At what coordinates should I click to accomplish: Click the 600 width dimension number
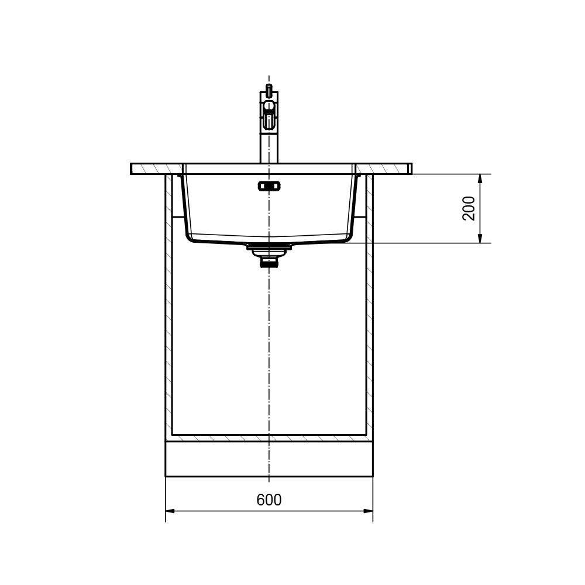coord(269,500)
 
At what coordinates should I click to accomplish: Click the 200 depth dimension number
coord(469,209)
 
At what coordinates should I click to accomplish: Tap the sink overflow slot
coord(269,186)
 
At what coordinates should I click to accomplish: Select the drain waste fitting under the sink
coord(269,255)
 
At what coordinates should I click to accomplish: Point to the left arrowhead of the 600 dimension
coord(170,511)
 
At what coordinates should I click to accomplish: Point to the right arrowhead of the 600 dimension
coord(368,511)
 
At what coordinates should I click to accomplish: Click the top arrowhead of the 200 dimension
coord(480,179)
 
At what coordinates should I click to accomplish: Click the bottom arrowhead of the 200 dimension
coord(480,238)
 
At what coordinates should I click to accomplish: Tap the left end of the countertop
coord(131,168)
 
